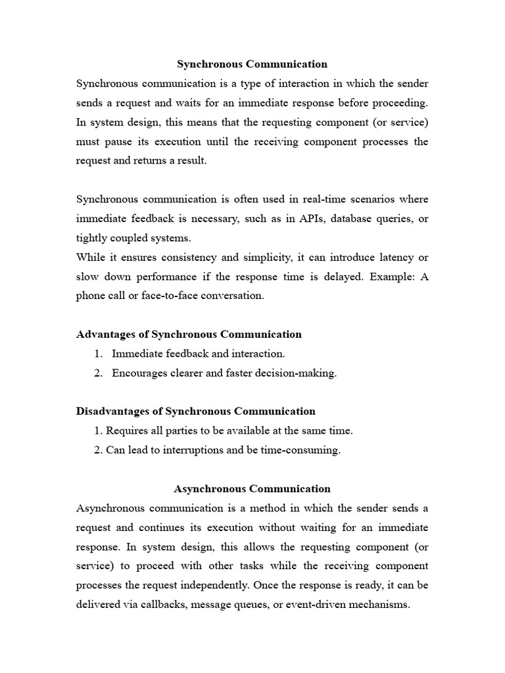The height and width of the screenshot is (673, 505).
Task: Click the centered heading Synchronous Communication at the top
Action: click(252, 64)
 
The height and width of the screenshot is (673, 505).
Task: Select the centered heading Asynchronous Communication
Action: click(252, 489)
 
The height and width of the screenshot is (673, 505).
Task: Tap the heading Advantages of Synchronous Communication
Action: click(189, 335)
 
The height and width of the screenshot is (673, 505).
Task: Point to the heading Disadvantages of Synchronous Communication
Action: click(196, 411)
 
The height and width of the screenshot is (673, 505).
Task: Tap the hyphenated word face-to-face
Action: click(162, 296)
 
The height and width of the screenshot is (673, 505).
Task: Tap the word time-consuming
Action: click(305, 451)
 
